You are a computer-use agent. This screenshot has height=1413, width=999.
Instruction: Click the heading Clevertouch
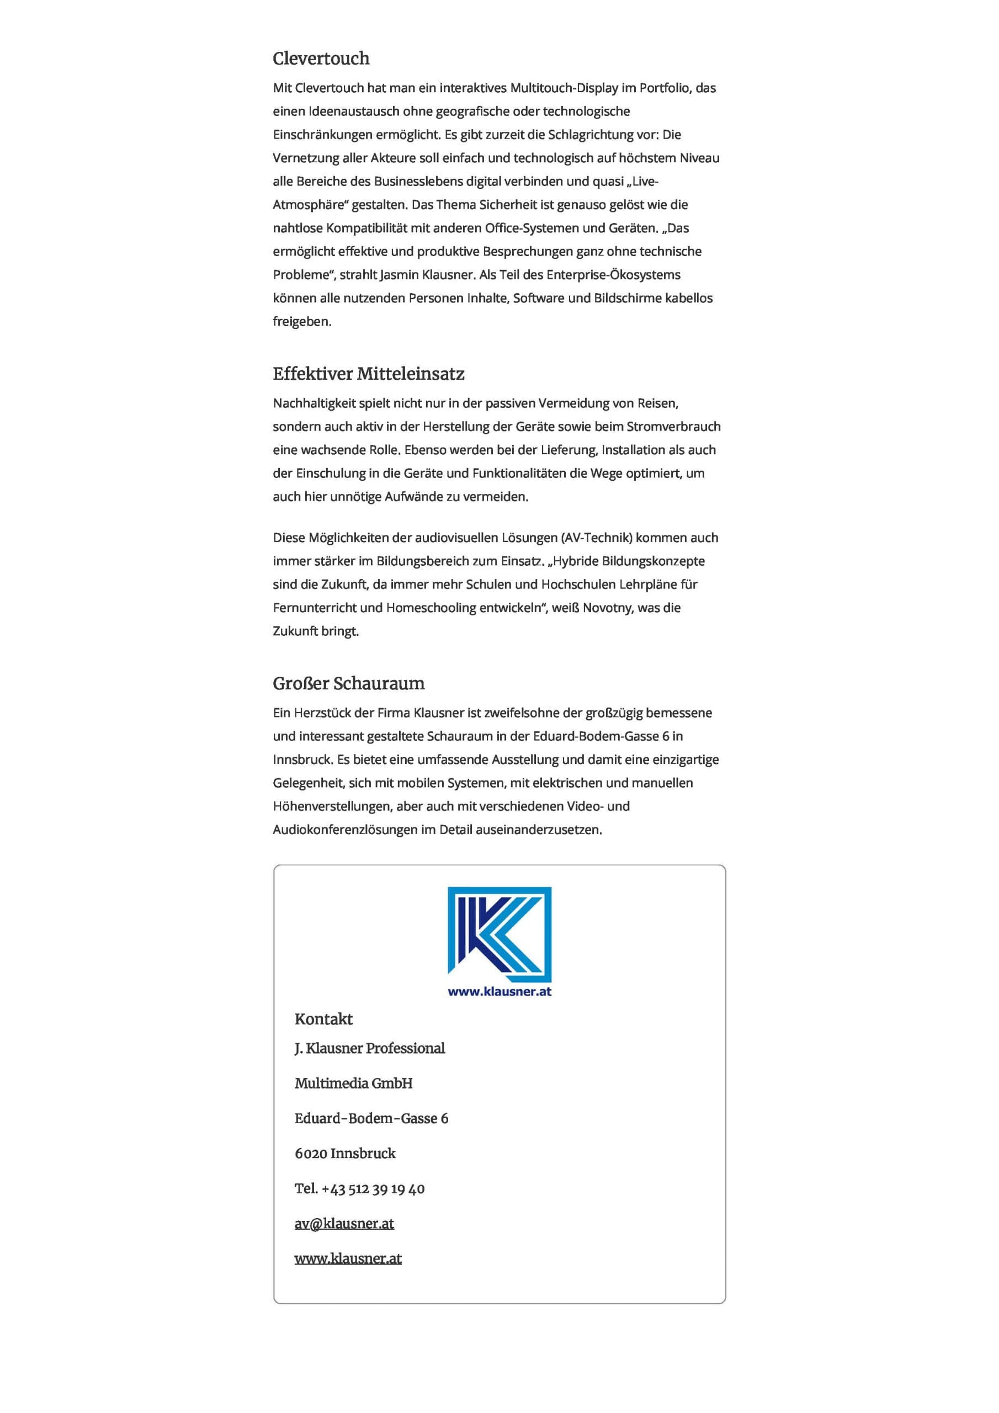pos(321,59)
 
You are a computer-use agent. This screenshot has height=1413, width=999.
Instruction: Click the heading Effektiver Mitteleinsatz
pos(368,374)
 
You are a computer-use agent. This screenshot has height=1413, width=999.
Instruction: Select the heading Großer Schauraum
pos(348,683)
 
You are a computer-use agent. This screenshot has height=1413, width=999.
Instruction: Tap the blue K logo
pos(499,934)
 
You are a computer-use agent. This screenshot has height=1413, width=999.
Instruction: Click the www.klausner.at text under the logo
pos(499,991)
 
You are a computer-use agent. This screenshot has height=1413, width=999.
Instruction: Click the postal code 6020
pos(310,1153)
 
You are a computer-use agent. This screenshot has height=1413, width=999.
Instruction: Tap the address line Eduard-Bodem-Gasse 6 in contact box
pos(371,1118)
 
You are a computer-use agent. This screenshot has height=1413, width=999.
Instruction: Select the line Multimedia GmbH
pos(353,1083)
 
